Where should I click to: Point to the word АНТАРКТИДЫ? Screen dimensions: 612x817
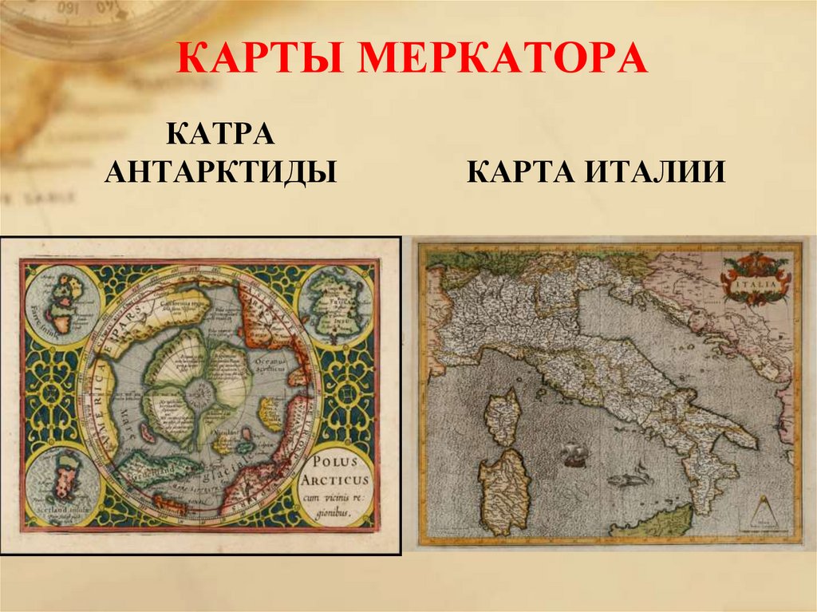tap(220, 172)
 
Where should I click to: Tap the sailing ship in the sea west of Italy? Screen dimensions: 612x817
tap(574, 454)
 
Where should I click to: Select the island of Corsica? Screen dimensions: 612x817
tap(503, 416)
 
